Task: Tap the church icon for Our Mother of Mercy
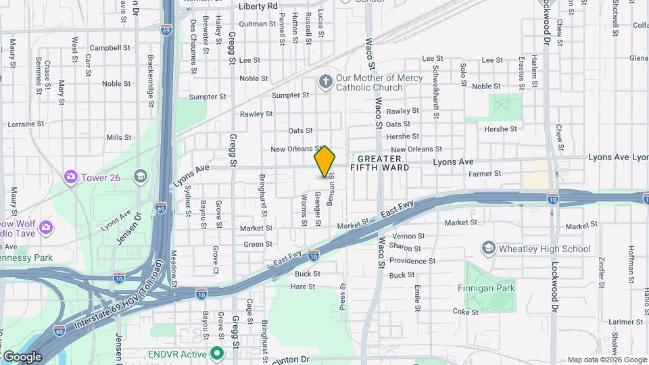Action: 326,82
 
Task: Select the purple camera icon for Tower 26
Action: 70,177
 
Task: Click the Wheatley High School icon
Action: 488,249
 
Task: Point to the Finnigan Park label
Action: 489,289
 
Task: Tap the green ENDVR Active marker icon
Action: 217,354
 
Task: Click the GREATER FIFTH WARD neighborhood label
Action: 380,163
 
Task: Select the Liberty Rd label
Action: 258,6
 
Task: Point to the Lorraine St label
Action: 26,124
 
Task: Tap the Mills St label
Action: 118,137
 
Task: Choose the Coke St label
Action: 466,312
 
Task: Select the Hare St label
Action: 302,287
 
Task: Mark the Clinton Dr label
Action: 291,360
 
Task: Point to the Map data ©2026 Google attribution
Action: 607,360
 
